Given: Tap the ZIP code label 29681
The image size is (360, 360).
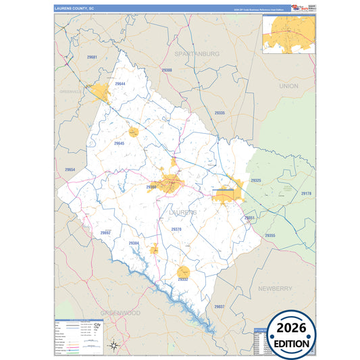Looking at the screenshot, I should (93, 57).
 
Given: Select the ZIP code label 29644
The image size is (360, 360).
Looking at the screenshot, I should (120, 84).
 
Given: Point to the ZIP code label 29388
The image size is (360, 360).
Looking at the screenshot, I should (167, 70).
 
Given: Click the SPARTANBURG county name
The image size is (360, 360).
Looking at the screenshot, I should (197, 53).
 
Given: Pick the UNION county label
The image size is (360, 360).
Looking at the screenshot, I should (288, 86).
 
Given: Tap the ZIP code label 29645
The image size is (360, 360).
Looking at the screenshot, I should (119, 143).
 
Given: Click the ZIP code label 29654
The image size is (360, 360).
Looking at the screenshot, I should (70, 170).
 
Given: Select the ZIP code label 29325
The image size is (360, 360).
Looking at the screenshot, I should (256, 181).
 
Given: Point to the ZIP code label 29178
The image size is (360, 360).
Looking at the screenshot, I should (306, 194).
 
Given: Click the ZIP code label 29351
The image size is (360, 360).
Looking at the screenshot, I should (249, 218).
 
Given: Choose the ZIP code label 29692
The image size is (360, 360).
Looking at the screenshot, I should (105, 232).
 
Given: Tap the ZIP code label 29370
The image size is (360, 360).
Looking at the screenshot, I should (176, 230).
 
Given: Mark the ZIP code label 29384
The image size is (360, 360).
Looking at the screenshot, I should (134, 243).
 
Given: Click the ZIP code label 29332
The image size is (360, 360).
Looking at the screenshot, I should (183, 278).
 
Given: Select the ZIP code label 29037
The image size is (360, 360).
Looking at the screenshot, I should (219, 306).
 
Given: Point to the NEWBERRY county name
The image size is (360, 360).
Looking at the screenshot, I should (275, 288).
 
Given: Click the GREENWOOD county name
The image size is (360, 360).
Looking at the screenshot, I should (120, 313).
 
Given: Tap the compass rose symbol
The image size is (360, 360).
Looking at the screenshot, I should (114, 345).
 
